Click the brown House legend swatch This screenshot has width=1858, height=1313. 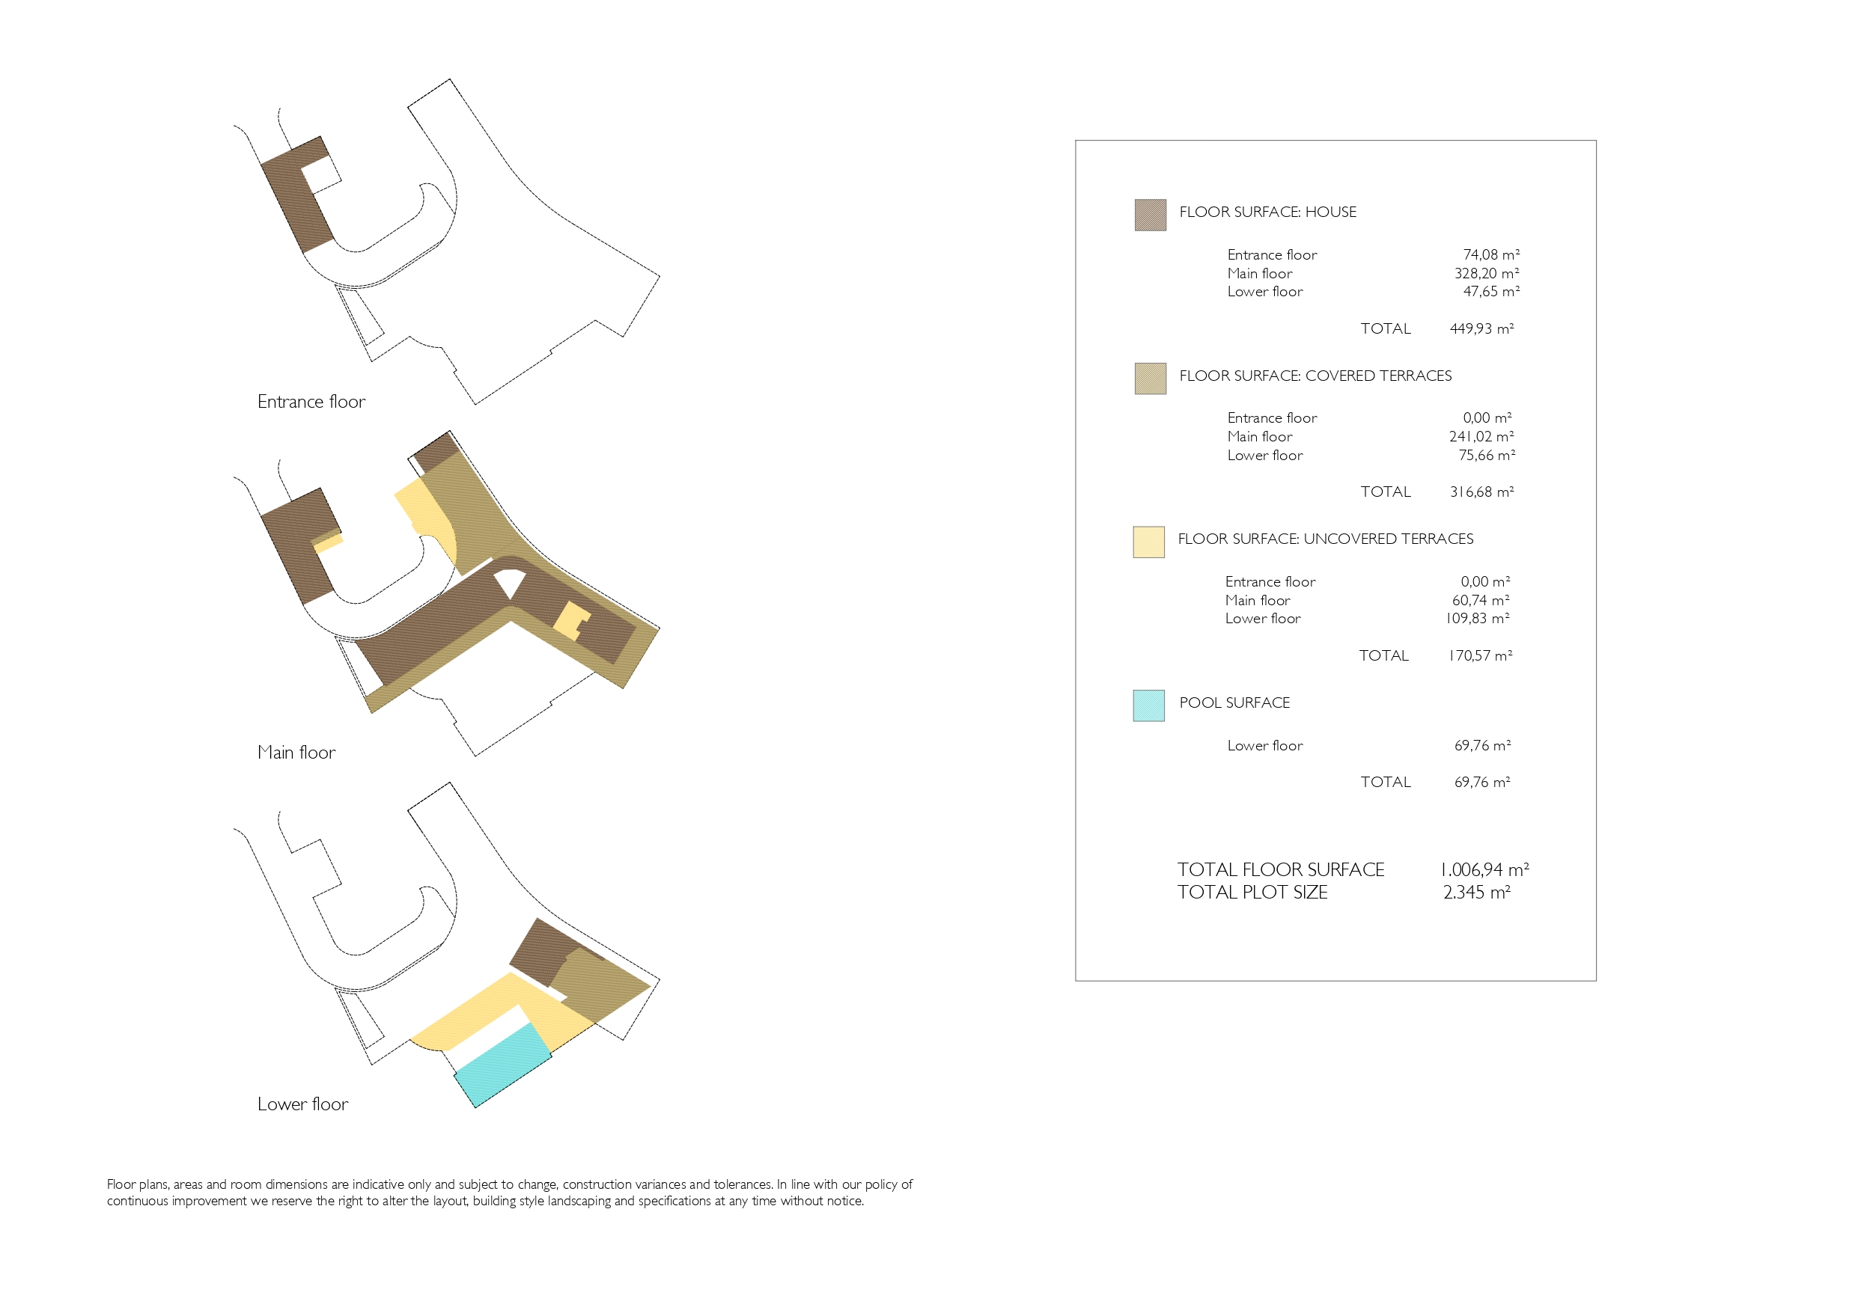[x=1150, y=215]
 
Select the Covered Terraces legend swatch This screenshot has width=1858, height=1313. [x=1150, y=379]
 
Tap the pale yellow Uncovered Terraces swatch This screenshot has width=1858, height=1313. [x=1148, y=542]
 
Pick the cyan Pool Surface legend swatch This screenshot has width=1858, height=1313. [x=1148, y=706]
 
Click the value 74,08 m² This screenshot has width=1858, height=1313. [x=1490, y=255]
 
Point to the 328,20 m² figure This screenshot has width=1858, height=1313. [x=1487, y=273]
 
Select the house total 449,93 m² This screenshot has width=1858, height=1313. [x=1481, y=328]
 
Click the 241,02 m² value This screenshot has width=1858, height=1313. [x=1481, y=437]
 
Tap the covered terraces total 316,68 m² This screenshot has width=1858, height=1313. [x=1481, y=492]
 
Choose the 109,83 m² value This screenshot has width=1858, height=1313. [x=1477, y=619]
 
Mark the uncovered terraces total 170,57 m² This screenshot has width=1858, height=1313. [x=1479, y=656]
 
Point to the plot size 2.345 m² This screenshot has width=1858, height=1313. [x=1477, y=893]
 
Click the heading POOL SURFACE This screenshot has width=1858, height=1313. [x=1234, y=703]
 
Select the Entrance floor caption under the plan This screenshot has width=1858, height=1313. [x=311, y=402]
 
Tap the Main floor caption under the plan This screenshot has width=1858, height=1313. [x=296, y=753]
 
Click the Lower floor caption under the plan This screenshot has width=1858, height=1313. [x=302, y=1104]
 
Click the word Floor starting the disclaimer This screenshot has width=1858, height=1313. [x=121, y=1184]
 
